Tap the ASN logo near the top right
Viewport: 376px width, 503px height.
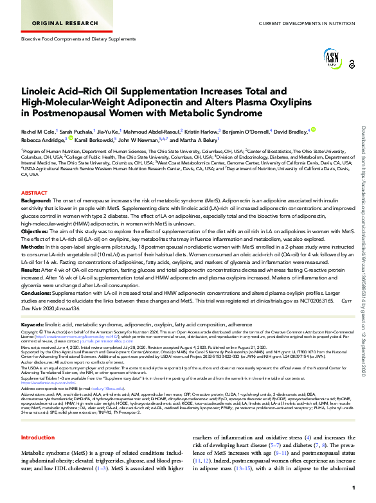click(332, 60)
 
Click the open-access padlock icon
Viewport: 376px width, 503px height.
click(352, 65)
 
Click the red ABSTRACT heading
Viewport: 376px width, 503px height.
click(34, 193)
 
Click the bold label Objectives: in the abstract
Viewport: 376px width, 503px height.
click(35, 230)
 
